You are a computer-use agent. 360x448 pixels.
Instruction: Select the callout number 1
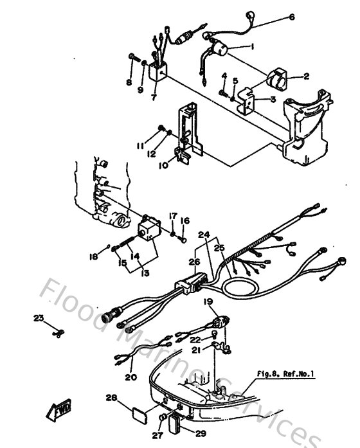click(x=252, y=46)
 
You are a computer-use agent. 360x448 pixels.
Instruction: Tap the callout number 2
click(x=307, y=76)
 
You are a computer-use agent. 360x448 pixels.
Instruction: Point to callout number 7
click(x=154, y=98)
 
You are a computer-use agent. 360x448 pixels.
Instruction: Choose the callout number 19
click(x=208, y=301)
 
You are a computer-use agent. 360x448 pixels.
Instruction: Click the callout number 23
click(x=39, y=318)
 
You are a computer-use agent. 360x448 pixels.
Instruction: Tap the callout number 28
click(x=112, y=399)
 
